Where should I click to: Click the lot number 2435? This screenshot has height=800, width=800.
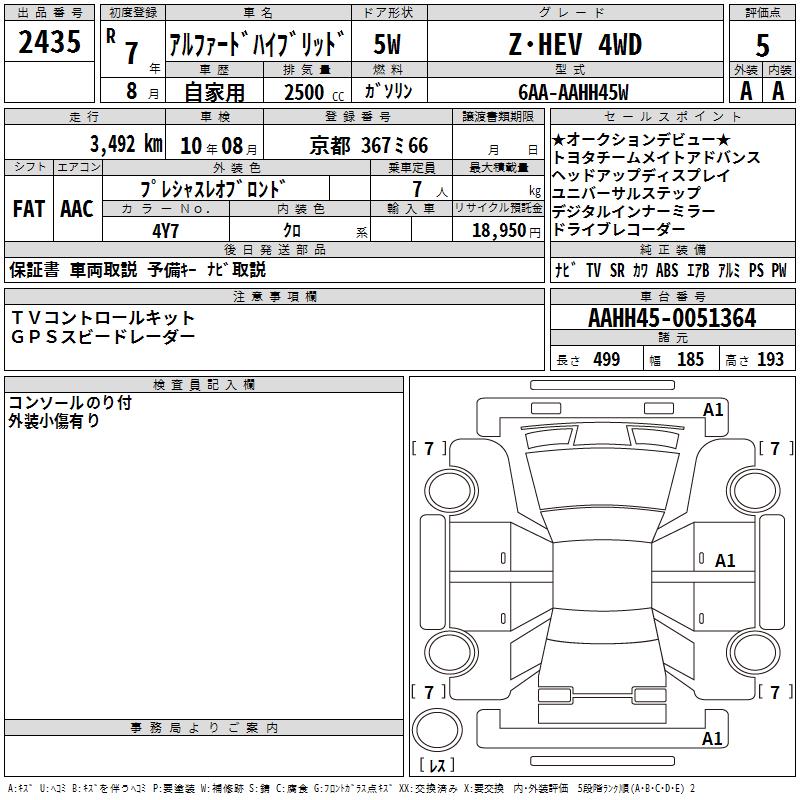coord(49,42)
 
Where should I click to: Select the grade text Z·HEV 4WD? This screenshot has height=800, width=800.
coord(575,44)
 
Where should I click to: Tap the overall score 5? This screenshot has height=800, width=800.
coord(762,45)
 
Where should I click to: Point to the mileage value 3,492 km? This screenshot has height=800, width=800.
coord(126,144)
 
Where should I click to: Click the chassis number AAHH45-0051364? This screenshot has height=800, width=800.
coord(672,318)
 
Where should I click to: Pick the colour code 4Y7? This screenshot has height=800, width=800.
coord(165,231)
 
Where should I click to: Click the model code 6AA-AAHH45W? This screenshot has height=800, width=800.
coord(573,92)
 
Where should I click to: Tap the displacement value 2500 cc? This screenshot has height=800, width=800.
coord(314,92)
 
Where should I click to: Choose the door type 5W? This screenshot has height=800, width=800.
coord(387,44)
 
